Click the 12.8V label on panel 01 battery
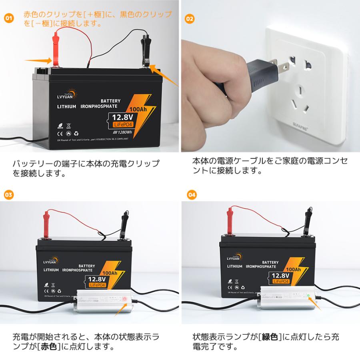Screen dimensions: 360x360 [122, 118]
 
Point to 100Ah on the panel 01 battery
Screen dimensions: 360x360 [138, 109]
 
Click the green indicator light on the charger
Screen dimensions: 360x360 [308, 296]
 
